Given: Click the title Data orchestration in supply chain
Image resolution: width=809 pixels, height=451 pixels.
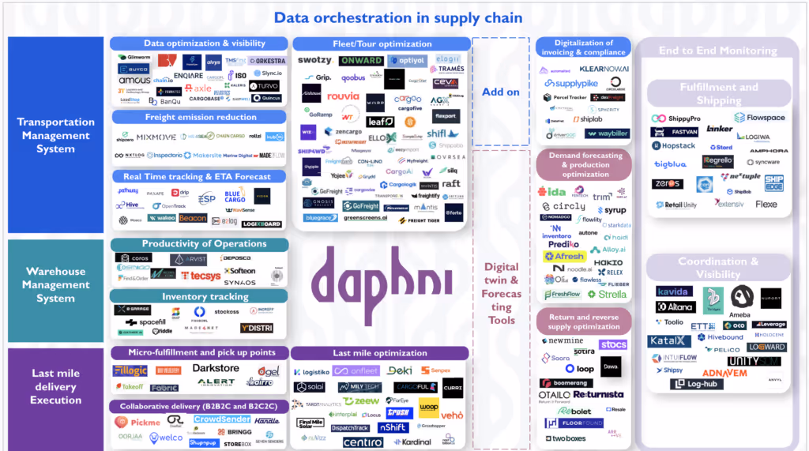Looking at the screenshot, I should click(x=397, y=17).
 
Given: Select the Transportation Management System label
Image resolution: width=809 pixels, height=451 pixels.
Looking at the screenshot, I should click(x=55, y=135).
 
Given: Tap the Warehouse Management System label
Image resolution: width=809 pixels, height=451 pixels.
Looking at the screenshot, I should click(x=55, y=284).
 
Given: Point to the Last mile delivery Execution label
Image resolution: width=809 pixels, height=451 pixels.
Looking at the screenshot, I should click(x=55, y=386).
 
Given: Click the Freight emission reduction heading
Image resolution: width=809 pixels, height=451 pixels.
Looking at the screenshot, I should click(x=200, y=118).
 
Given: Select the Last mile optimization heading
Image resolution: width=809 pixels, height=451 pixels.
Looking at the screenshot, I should click(x=379, y=353).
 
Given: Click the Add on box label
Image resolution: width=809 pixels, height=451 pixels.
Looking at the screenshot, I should click(x=501, y=92).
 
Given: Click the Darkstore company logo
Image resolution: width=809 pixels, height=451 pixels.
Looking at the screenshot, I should click(x=216, y=368).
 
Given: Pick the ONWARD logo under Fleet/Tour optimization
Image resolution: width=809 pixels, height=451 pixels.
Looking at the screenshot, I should click(x=361, y=61).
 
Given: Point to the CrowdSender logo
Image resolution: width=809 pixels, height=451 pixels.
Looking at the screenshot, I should click(x=222, y=419).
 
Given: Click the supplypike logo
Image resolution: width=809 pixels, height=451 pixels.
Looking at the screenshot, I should click(x=571, y=84).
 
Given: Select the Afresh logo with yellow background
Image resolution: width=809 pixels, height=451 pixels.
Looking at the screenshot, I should click(x=564, y=256).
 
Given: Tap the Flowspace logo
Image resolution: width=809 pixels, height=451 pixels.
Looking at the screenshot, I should click(x=759, y=118).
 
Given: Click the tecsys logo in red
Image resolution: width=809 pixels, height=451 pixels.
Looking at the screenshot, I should click(x=200, y=276).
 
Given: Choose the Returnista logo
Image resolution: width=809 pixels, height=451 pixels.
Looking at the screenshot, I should click(x=598, y=394).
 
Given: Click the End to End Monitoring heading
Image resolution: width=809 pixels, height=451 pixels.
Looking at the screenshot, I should click(x=717, y=51).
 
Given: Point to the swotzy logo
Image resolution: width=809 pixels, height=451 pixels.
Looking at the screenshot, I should click(x=314, y=61).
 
